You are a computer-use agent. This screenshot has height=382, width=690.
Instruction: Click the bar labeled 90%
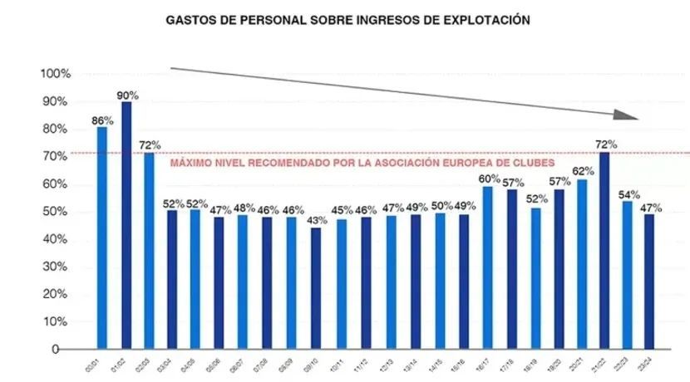click(x=126, y=224)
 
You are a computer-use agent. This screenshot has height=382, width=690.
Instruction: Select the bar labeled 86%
click(x=102, y=237)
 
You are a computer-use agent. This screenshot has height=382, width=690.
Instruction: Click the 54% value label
click(x=628, y=194)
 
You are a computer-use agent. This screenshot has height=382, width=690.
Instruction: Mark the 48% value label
click(x=244, y=208)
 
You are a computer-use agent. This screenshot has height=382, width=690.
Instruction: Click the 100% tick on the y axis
click(x=56, y=74)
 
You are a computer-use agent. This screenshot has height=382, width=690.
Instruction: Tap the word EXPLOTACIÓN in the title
click(x=488, y=18)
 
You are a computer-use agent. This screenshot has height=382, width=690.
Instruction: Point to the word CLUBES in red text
click(x=533, y=163)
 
